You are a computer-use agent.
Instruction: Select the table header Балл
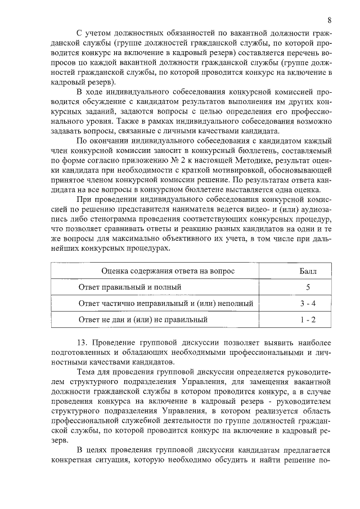click(x=307, y=271)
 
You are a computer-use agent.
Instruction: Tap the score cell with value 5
click(x=308, y=287)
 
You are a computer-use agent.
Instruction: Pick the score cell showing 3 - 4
click(x=308, y=304)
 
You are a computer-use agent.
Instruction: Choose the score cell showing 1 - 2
click(x=308, y=320)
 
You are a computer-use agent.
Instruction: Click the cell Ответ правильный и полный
click(x=130, y=287)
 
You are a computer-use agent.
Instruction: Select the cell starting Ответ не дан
click(x=143, y=320)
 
